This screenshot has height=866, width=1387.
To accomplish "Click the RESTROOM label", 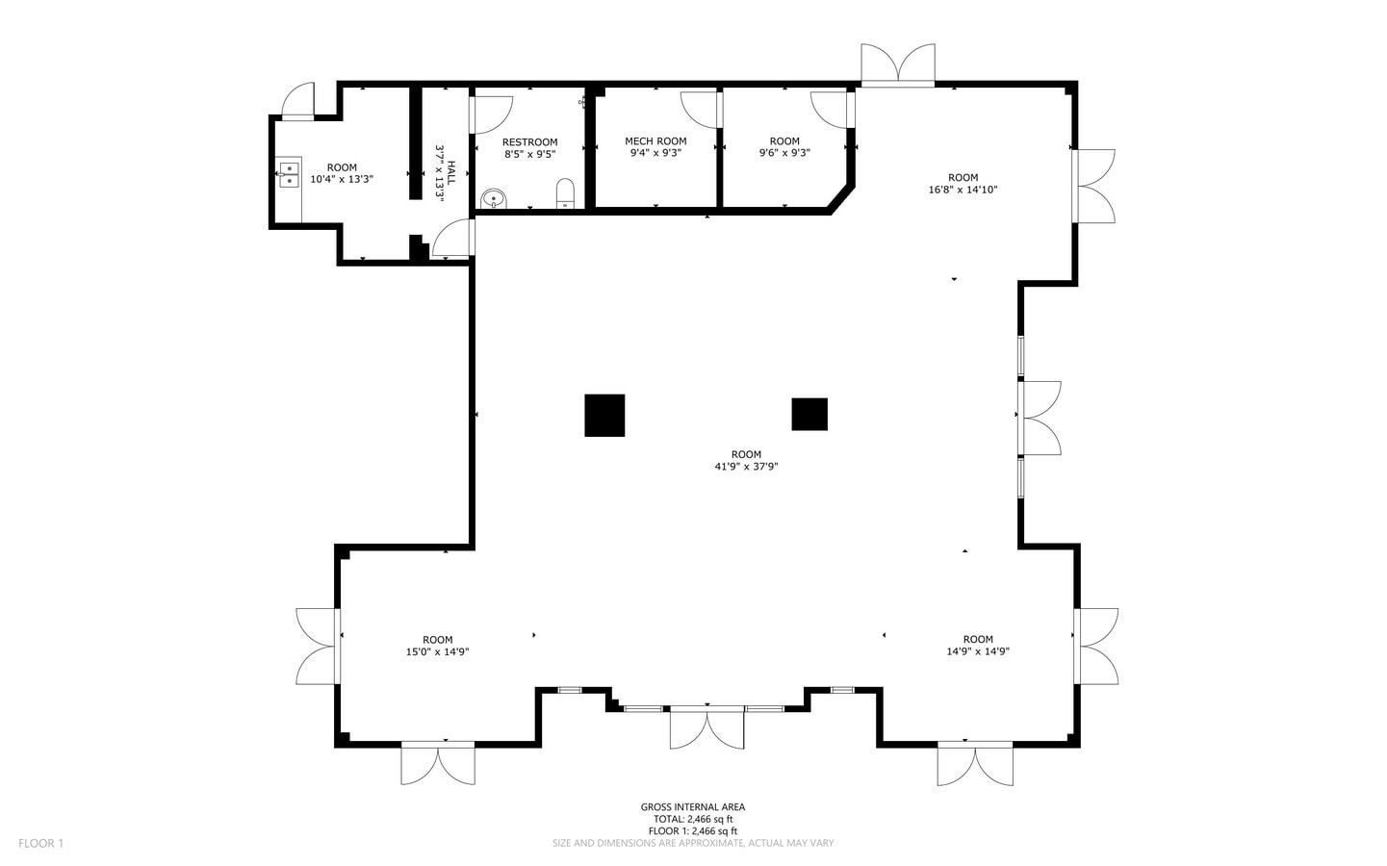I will tap(529, 142).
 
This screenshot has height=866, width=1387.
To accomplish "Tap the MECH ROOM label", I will tap(655, 141).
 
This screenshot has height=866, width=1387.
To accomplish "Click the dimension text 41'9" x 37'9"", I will tap(746, 467).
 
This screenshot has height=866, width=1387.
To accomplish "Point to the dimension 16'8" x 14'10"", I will tap(963, 190).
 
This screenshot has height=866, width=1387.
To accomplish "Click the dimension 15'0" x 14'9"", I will tap(437, 651).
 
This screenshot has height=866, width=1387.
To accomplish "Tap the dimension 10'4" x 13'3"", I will tap(342, 179).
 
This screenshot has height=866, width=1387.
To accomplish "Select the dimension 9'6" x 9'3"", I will tap(784, 152).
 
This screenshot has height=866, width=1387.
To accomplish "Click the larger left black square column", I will tap(604, 415).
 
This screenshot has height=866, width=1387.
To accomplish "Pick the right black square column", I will tap(809, 414).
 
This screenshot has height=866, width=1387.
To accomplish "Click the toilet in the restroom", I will tap(565, 192).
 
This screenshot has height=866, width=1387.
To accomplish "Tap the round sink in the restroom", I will tap(493, 198).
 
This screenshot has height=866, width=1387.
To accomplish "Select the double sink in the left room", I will tap(289, 173).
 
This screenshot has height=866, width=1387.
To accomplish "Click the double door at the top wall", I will tap(898, 65).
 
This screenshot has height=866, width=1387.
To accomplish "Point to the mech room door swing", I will tap(700, 108).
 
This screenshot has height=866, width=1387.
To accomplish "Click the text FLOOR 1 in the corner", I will tap(40, 844).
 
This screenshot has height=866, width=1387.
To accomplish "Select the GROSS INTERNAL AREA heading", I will tap(693, 807).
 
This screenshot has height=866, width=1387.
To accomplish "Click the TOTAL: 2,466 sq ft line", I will tap(693, 820).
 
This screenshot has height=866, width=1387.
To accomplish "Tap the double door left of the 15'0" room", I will tap(318, 646).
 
